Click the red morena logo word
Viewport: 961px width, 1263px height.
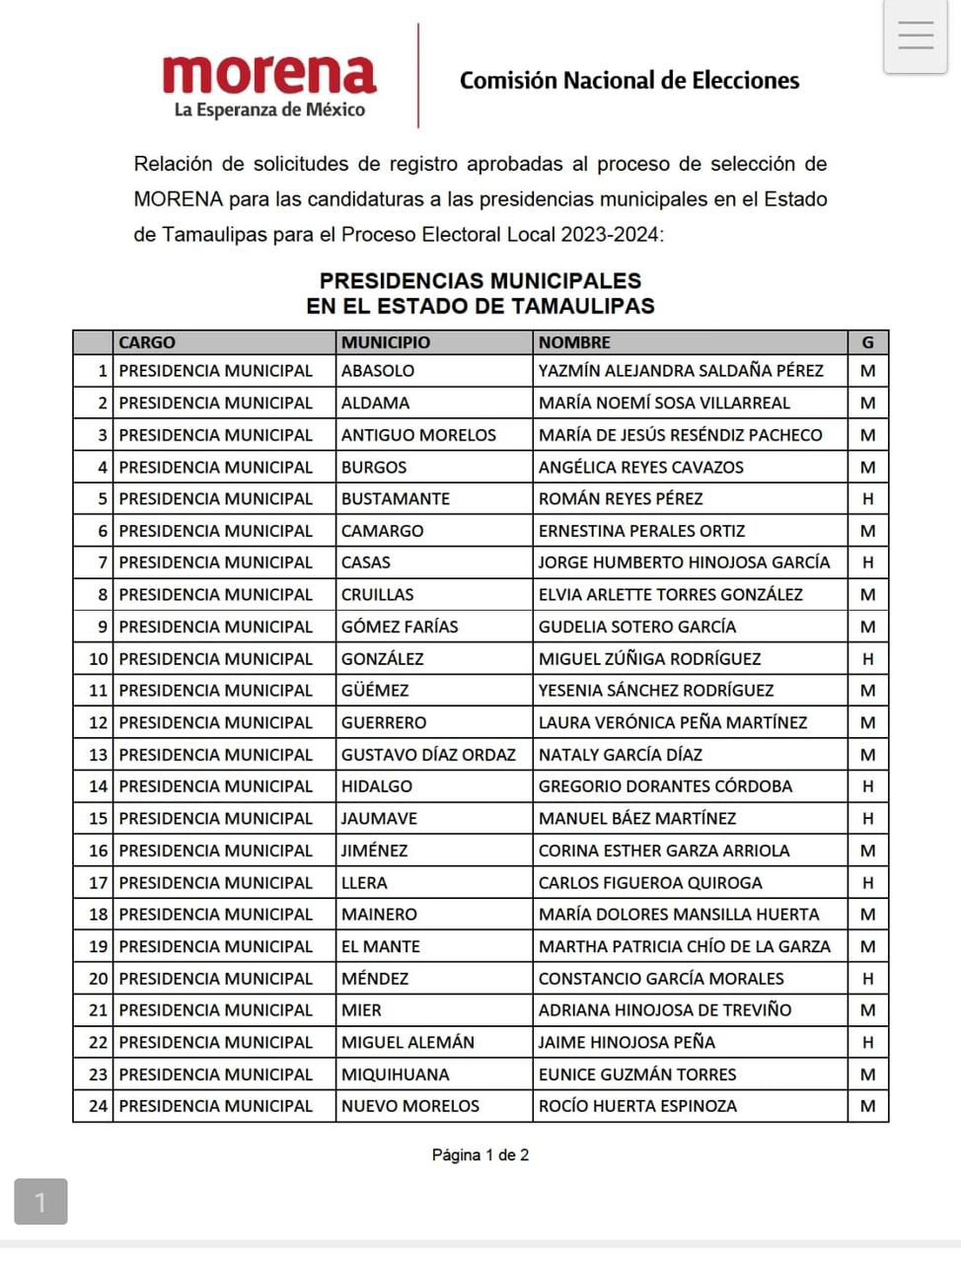[x=269, y=74]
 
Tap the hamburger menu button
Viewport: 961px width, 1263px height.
[x=916, y=36]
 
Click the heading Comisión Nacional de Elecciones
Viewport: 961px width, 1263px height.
[x=629, y=81]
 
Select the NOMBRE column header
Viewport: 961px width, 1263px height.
[x=574, y=342]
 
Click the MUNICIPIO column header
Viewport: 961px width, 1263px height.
[x=386, y=342]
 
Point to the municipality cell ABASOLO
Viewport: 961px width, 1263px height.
[x=378, y=371]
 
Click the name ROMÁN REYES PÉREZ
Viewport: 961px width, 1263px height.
[x=621, y=499]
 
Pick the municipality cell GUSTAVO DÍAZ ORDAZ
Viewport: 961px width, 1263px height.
[x=428, y=755]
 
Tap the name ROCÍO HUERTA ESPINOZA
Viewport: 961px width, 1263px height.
[x=637, y=1106]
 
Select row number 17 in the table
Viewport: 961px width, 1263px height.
[x=98, y=883]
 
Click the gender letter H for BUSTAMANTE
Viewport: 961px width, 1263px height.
[x=868, y=499]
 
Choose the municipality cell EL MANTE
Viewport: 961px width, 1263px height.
[x=381, y=946]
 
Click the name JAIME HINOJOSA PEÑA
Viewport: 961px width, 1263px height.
[x=627, y=1042]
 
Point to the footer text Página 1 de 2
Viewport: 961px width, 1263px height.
[x=480, y=1154]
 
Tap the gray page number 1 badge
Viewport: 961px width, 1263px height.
[x=40, y=1202]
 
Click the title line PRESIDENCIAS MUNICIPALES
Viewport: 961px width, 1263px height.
[x=480, y=280]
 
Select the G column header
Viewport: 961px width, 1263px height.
[x=868, y=342]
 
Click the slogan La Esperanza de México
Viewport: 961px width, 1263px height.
[x=269, y=110]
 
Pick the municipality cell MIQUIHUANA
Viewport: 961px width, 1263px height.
[x=395, y=1075]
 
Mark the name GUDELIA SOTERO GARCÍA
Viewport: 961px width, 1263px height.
[x=637, y=627]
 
